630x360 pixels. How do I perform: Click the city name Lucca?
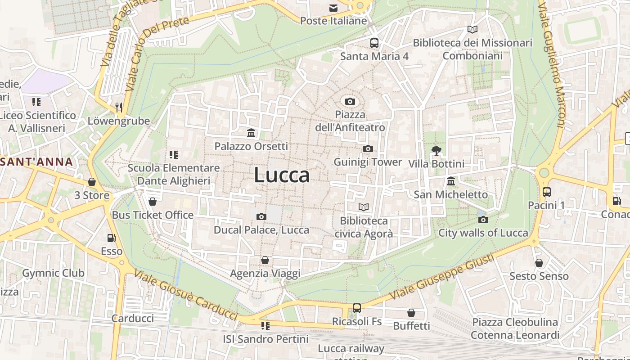282,175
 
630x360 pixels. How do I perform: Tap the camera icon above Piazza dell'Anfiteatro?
350,101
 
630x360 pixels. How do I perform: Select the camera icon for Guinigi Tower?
368,148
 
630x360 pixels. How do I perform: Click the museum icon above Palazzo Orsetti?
251,133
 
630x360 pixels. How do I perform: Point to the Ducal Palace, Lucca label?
261,230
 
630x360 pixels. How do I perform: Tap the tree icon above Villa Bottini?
436,150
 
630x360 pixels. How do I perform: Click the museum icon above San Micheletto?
450,181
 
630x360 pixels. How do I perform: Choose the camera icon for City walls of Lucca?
483,220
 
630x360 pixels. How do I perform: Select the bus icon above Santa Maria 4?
374,43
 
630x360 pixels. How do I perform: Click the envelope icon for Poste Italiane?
333,8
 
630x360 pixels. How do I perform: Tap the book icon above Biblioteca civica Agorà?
364,207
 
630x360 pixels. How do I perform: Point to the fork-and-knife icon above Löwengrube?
119,107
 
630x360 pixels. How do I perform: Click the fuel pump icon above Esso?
111,238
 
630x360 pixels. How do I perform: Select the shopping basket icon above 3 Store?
92,182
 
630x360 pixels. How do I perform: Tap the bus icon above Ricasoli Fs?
356,308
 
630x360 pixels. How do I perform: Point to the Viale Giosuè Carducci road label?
186,295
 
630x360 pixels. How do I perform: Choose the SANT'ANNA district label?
36,162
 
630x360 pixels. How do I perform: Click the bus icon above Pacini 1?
546,192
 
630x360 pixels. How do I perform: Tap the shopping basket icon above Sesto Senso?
539,263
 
